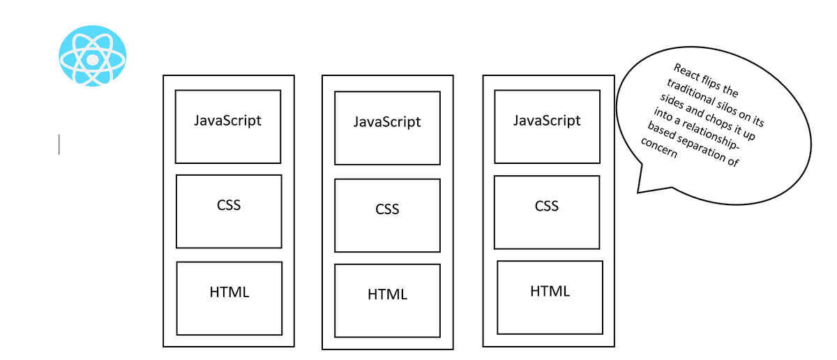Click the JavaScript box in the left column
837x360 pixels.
(x=228, y=126)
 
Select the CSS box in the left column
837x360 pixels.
(x=229, y=211)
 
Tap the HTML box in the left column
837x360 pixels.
(x=229, y=298)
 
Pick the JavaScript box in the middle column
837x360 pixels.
(x=387, y=128)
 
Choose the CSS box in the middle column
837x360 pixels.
(x=387, y=215)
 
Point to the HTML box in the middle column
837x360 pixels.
(x=387, y=300)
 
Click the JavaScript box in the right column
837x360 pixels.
(x=547, y=126)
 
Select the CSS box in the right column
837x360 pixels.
(x=547, y=212)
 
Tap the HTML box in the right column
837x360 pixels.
(x=550, y=297)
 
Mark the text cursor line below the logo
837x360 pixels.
(x=59, y=145)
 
